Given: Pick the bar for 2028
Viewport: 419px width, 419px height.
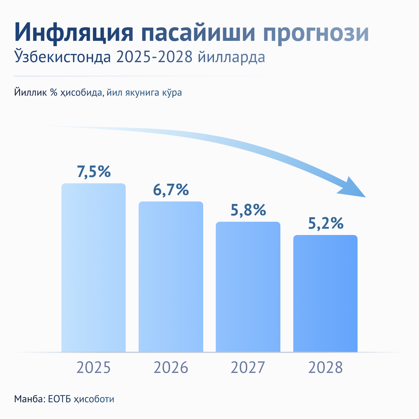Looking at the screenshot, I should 325,294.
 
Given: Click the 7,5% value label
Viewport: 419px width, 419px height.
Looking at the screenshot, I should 94,172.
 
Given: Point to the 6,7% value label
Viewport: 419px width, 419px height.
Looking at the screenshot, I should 171,190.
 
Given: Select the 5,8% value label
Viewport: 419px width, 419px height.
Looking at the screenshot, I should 248,211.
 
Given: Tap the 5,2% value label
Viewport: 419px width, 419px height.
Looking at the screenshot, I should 325,224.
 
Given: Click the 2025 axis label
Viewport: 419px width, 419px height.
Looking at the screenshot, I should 94,368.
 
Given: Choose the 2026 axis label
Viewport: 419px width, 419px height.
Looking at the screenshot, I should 171,368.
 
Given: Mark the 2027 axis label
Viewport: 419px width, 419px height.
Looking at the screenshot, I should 248,368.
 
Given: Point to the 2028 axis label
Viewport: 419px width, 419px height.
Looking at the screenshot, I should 325,368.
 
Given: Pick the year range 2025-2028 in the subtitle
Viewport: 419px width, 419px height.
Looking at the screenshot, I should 154,57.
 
